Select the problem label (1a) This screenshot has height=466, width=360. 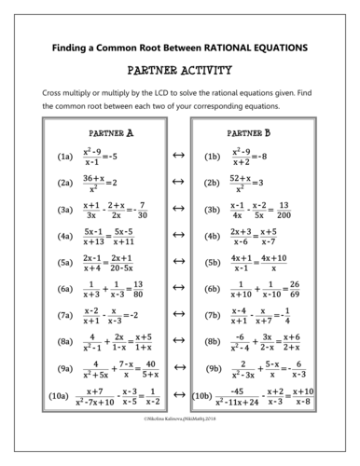pyautogui.click(x=64, y=157)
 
